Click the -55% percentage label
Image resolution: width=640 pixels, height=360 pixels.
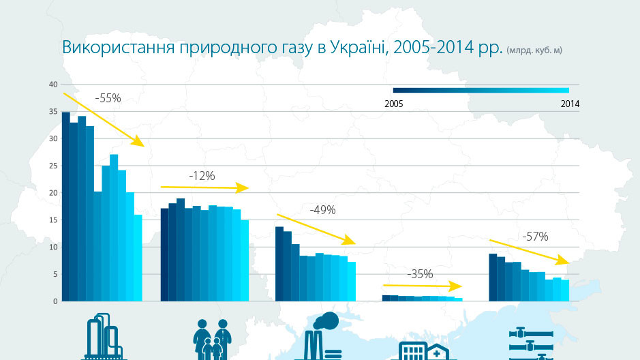tap(108, 98)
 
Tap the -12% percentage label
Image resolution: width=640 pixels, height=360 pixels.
tap(202, 175)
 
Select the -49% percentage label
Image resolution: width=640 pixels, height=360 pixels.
tap(322, 210)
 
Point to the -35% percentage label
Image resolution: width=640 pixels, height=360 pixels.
tap(420, 274)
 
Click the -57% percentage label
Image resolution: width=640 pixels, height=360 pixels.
tap(535, 237)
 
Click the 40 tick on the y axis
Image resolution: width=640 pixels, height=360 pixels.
tap(53, 85)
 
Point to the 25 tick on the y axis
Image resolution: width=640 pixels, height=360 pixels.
tap(53, 166)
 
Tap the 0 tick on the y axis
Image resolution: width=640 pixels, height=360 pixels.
tap(55, 301)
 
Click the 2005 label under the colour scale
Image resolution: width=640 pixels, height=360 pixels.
tap(393, 104)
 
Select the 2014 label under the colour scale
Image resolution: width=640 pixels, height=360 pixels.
tap(570, 104)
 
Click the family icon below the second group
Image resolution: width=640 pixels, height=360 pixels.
tap(211, 339)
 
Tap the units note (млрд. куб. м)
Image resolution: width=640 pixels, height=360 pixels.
tap(534, 50)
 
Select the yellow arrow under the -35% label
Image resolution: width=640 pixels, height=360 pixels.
tap(423, 286)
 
